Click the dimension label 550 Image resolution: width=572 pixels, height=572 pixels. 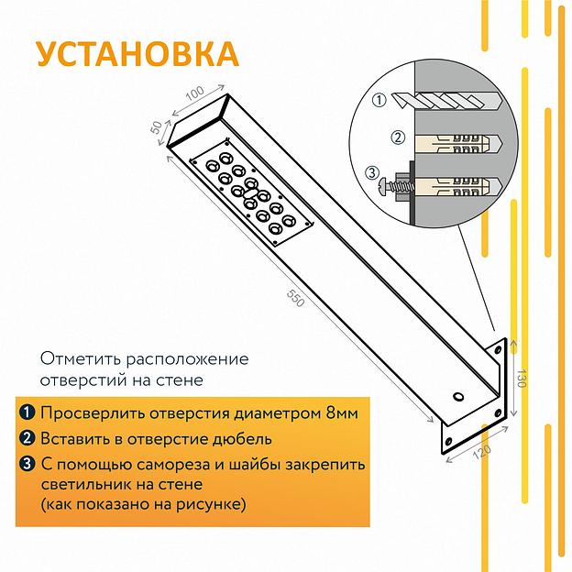tap(294, 299)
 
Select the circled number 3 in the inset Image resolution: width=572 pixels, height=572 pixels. tap(371, 171)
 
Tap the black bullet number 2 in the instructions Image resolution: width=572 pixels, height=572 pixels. tap(27, 438)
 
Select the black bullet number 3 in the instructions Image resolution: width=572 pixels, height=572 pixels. tap(27, 464)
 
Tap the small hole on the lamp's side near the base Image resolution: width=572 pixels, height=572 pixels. tap(456, 397)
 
